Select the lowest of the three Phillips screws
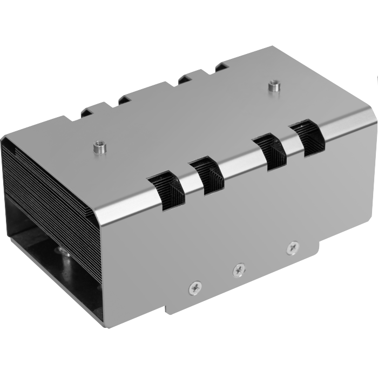[195, 289]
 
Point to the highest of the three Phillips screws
[293, 247]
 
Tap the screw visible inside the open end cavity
[65, 254]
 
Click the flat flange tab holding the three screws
[243, 275]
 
